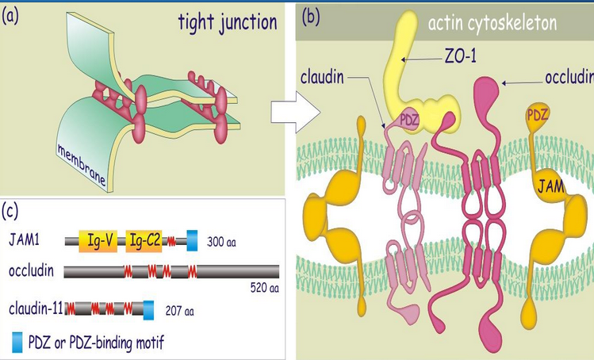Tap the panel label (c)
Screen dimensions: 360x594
tap(14, 211)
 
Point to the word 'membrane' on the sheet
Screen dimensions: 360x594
tap(82, 161)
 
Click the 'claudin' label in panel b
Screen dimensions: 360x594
tap(324, 79)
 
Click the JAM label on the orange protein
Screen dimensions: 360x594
tap(546, 187)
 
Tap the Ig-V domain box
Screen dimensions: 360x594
tap(98, 237)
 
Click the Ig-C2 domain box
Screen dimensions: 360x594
tap(144, 237)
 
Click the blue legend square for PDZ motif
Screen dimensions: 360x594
tap(18, 343)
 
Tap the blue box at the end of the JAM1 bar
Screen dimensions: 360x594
tap(192, 237)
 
